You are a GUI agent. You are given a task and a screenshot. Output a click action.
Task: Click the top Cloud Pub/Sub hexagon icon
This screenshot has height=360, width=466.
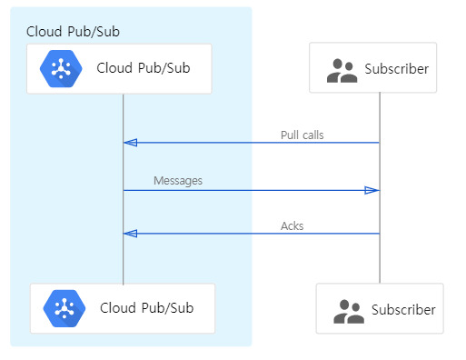61,68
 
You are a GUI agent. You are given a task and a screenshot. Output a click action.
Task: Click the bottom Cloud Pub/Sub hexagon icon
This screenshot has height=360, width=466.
64,308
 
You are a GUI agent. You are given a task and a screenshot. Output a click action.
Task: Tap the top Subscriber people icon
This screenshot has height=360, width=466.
341,70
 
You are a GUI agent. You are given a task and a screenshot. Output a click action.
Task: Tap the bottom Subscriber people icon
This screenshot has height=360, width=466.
348,311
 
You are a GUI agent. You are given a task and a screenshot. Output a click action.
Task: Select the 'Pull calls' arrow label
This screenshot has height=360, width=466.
302,135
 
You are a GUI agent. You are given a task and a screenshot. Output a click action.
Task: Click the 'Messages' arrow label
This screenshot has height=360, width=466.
178,181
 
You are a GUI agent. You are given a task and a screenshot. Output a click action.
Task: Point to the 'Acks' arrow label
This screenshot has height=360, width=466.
292,225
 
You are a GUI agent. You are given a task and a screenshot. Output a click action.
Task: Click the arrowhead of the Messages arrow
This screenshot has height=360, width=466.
372,190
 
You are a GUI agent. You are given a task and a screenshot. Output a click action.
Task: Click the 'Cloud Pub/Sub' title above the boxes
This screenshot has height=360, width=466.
73,31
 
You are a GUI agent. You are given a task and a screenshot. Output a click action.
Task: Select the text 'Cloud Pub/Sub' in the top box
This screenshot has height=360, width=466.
143,68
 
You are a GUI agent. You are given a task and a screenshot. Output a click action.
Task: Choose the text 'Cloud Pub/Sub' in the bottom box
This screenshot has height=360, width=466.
146,308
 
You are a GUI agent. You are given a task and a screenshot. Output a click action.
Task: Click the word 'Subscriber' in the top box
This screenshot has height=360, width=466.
396,69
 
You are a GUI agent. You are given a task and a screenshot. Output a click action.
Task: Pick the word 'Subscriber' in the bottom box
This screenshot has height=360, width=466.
403,311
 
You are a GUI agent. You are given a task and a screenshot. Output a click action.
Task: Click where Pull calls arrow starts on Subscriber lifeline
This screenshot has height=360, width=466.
379,143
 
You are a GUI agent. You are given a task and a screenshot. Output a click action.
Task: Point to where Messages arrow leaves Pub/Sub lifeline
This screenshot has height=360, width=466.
124,190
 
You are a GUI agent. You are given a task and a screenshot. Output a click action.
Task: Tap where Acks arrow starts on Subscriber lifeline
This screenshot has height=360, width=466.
379,234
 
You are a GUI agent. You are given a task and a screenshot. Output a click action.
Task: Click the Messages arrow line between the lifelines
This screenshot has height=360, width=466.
250,190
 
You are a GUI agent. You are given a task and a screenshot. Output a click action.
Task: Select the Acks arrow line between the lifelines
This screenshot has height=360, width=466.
250,234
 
